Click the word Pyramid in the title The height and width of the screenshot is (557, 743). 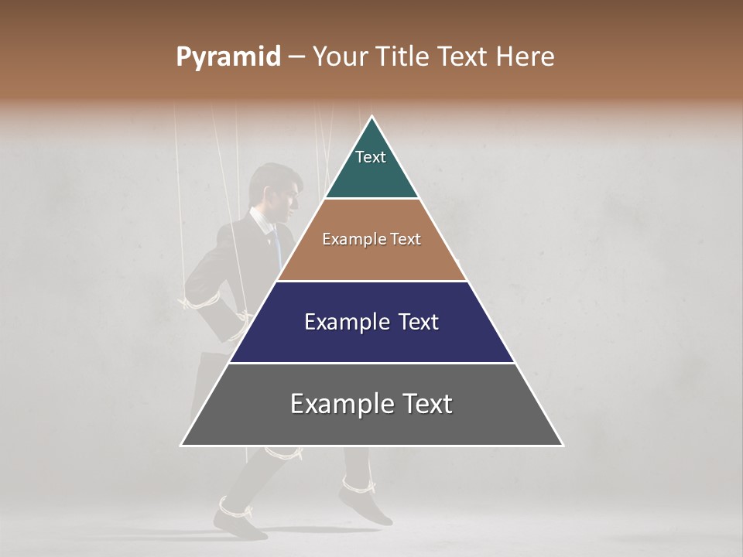pyautogui.click(x=228, y=57)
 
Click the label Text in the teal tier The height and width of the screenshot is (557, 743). pyautogui.click(x=371, y=157)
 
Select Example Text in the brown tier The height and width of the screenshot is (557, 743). pyautogui.click(x=371, y=240)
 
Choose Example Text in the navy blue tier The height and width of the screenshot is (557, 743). pyautogui.click(x=371, y=322)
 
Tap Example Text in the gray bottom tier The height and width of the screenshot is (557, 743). pyautogui.click(x=371, y=404)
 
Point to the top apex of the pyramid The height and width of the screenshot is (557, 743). pyautogui.click(x=372, y=117)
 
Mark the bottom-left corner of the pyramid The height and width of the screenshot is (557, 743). pyautogui.click(x=182, y=445)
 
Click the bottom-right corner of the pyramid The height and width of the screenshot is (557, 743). pyautogui.click(x=562, y=445)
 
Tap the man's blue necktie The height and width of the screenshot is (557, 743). pyautogui.click(x=276, y=244)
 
